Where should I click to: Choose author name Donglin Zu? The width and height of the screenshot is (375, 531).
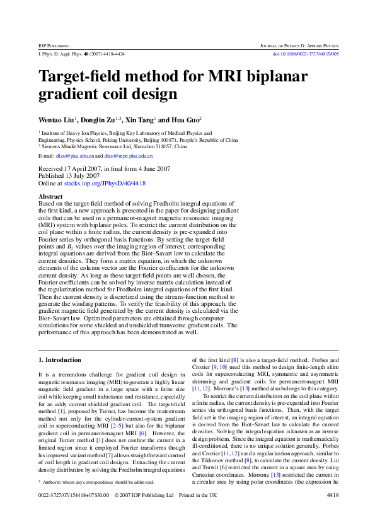point(101,119)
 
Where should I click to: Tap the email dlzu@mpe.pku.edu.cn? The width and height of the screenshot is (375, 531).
point(128,155)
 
